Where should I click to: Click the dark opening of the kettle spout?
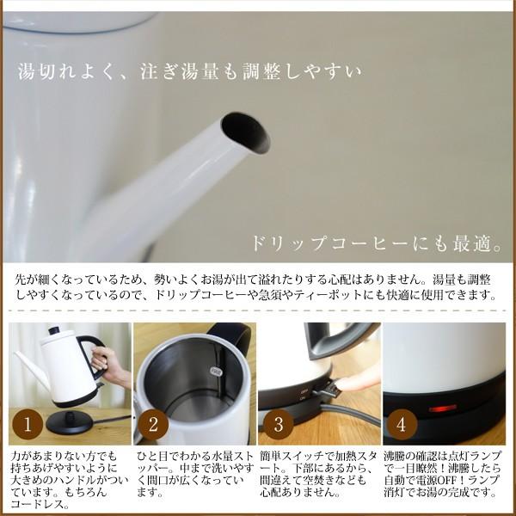(x=245, y=133)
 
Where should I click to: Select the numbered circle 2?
(x=151, y=423)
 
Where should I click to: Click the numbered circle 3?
(x=278, y=423)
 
